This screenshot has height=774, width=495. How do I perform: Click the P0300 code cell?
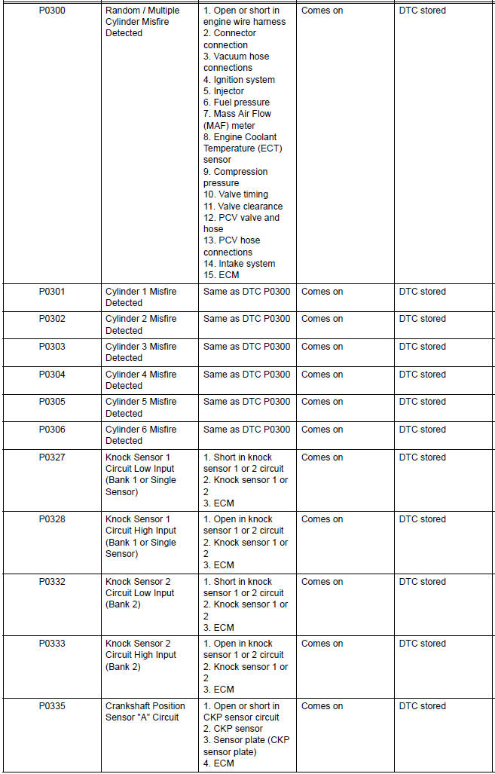click(52, 11)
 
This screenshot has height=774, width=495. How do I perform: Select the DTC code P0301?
click(52, 292)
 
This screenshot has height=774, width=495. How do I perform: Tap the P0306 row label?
click(52, 430)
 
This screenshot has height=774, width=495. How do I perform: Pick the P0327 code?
click(52, 457)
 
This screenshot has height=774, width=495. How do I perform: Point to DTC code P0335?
click(52, 706)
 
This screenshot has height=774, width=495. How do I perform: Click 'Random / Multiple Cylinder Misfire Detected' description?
click(142, 22)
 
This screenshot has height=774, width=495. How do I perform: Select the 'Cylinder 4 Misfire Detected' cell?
click(141, 380)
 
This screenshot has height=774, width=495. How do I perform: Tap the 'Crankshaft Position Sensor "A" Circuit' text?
click(145, 711)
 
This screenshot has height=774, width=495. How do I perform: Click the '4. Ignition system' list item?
click(239, 80)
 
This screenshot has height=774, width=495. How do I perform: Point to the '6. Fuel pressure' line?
click(236, 102)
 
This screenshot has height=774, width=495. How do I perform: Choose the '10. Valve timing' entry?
click(235, 194)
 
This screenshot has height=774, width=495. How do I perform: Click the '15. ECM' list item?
click(221, 275)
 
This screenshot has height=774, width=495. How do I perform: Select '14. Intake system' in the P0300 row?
click(239, 264)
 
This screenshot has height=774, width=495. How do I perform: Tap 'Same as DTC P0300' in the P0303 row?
click(246, 347)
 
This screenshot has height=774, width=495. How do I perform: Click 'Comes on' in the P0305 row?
click(322, 402)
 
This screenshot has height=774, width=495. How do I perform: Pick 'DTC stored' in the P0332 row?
click(422, 582)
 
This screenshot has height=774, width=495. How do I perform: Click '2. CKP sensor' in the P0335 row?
click(233, 729)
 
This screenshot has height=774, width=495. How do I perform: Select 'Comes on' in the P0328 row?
click(322, 519)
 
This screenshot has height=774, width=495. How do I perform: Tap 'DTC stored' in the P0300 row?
click(422, 11)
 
